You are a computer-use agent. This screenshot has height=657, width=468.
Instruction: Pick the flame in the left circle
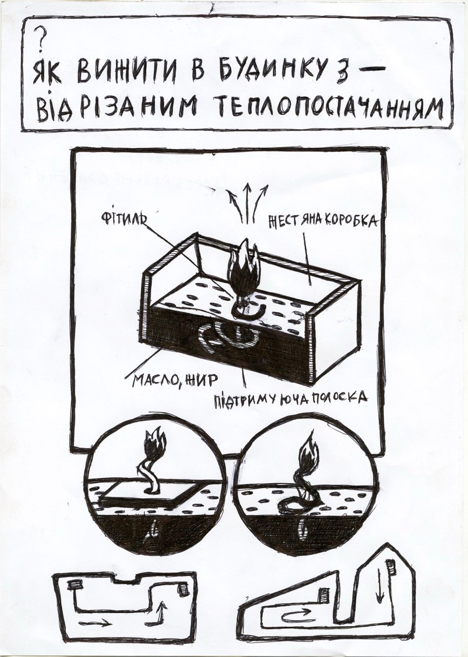pos(154,446)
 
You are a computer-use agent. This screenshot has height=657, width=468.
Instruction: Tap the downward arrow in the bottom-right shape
pos(380,586)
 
